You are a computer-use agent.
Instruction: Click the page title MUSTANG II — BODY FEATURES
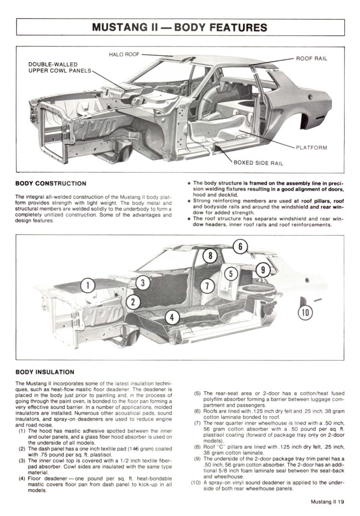180,27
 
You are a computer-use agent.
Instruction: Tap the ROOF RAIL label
312,58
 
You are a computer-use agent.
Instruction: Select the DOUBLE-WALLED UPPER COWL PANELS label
59,68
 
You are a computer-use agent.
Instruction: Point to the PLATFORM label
311,148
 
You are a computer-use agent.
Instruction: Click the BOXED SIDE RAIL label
258,163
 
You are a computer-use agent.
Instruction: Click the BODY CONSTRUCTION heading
51,183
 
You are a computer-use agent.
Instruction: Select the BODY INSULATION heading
45,372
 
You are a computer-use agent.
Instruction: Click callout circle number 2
132,301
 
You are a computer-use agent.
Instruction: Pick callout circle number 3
142,283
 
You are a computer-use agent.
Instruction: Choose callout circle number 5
231,274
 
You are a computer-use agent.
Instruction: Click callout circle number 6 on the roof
242,247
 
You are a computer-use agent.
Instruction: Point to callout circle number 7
206,286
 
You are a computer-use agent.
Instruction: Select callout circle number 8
210,256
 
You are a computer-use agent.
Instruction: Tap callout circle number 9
263,270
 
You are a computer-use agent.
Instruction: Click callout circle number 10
305,312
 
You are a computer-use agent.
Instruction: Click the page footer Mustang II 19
327,503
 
